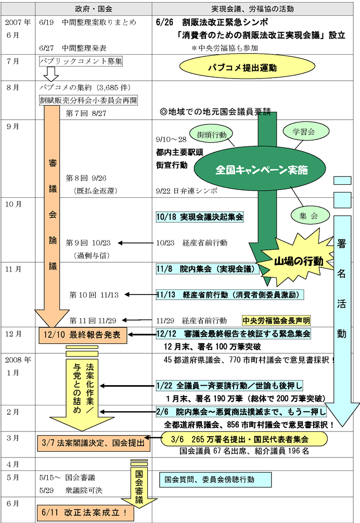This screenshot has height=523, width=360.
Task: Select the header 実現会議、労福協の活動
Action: tap(255, 9)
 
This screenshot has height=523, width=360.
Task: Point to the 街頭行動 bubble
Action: tap(211, 134)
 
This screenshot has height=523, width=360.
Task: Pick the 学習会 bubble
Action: tap(304, 133)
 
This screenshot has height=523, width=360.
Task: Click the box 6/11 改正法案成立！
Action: tap(85, 513)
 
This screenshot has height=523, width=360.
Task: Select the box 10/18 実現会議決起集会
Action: tap(200, 216)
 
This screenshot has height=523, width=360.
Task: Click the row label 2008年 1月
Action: tap(18, 365)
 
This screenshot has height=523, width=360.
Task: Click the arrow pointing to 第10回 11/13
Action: tap(140, 295)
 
